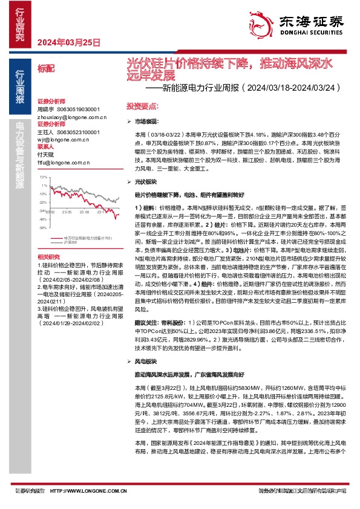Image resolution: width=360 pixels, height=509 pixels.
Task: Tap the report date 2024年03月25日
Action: coord(68,42)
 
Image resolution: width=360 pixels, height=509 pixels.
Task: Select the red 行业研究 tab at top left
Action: coord(19,27)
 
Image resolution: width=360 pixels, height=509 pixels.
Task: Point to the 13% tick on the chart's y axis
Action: coord(43,177)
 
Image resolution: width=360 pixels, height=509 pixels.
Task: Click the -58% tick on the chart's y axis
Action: coord(43,229)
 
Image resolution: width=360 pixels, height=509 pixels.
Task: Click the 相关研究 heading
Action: coord(47,256)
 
